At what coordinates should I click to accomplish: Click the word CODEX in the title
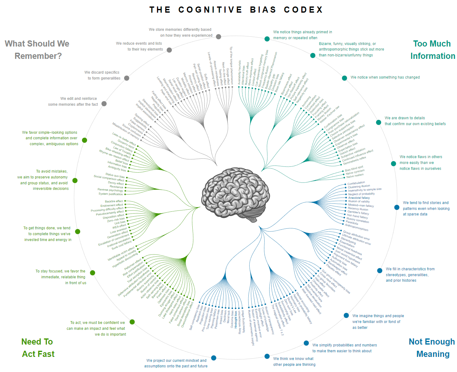coord(303,10)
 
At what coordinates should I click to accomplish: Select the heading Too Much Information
coord(432,50)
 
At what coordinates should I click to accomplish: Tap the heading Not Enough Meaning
coord(432,348)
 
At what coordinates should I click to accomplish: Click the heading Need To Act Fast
coord(38,348)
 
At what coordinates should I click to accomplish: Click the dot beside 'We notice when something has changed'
coord(344,78)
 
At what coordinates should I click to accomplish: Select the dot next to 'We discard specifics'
coord(126,78)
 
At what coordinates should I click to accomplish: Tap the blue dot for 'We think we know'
coord(267,356)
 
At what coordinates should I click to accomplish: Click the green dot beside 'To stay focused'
coord(92,273)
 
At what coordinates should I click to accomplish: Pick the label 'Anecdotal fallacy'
coord(359,198)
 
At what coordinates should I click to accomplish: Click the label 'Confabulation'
coord(356,183)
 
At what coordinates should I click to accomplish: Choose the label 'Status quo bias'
coord(115,175)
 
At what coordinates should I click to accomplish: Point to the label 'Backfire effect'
coord(114,201)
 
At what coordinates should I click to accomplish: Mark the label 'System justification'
coord(110,194)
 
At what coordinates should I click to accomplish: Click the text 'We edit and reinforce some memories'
coord(73,101)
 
